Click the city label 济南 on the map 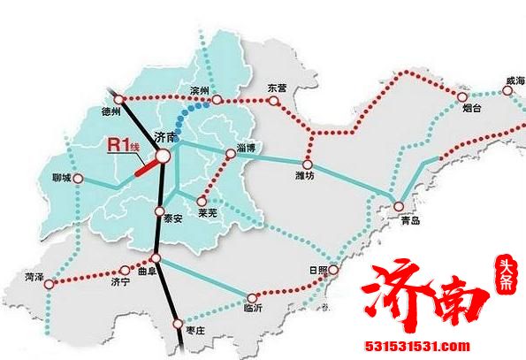click(164, 137)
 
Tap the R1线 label click(124, 146)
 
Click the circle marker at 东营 click(273, 101)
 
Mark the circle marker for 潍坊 click(308, 164)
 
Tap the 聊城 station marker click(78, 179)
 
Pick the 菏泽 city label click(35, 277)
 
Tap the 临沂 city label click(253, 310)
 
